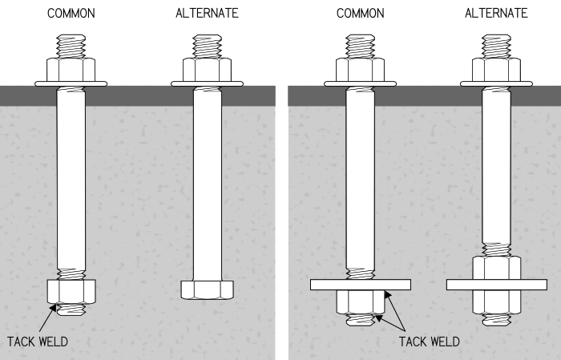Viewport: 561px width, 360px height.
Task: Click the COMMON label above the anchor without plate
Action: (x=71, y=14)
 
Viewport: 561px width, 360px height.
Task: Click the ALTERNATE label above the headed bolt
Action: (x=207, y=14)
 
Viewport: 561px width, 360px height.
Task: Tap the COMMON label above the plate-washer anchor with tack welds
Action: (x=361, y=14)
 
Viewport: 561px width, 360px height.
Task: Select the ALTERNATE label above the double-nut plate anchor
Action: (x=497, y=14)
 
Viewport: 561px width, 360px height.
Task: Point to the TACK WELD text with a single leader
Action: (x=38, y=342)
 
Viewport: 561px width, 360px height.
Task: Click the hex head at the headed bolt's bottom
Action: (x=207, y=289)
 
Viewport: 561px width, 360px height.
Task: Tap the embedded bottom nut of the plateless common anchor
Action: (x=71, y=292)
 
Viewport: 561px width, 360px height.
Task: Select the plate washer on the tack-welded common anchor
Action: (x=361, y=284)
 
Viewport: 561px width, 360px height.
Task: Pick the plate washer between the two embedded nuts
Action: (x=497, y=284)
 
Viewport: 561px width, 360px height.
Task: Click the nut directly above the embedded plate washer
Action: (x=497, y=267)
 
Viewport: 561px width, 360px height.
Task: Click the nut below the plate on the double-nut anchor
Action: (x=497, y=301)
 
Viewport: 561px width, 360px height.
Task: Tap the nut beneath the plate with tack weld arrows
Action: (x=361, y=301)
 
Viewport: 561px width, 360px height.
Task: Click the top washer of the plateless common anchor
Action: (x=71, y=82)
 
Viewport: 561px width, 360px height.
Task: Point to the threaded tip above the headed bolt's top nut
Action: (x=207, y=46)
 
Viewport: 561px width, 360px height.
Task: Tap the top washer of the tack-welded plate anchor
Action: (x=361, y=82)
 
